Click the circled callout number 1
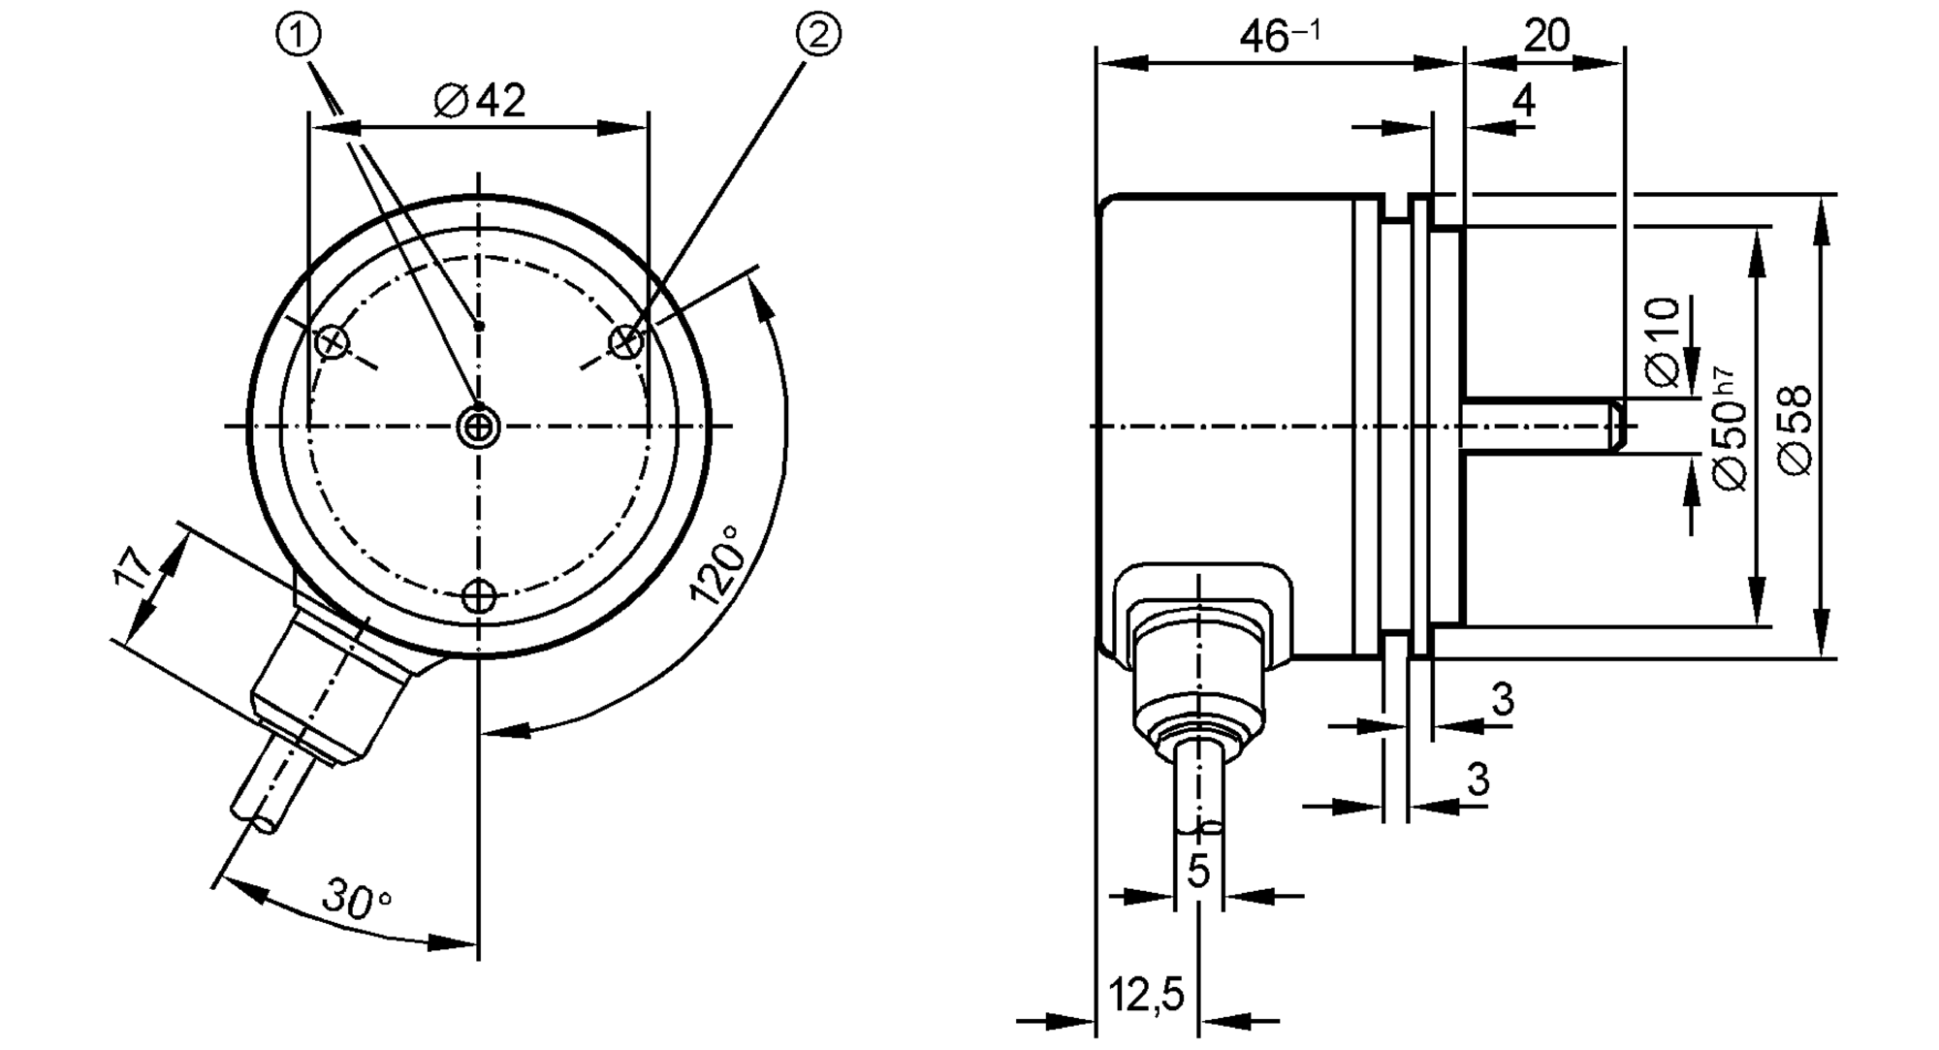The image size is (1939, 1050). pos(299,36)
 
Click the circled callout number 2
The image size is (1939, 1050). pos(818,36)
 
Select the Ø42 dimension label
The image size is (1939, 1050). pos(480,100)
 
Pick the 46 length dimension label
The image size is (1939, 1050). pos(1281,37)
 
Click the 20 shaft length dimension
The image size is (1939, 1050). pos(1546,36)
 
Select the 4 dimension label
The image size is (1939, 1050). pos(1524,100)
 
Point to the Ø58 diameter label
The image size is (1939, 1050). pos(1796,430)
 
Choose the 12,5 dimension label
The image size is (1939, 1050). pos(1146,995)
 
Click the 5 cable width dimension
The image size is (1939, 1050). pos(1199,871)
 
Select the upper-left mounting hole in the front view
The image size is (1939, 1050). pos(333,341)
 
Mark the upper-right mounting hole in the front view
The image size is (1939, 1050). pos(626,341)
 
